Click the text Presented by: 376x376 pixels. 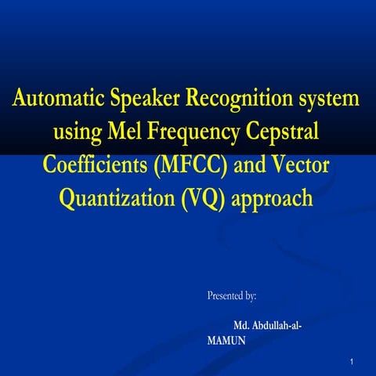(232, 296)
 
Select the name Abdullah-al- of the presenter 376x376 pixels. (275, 324)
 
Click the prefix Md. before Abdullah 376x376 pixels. (242, 324)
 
